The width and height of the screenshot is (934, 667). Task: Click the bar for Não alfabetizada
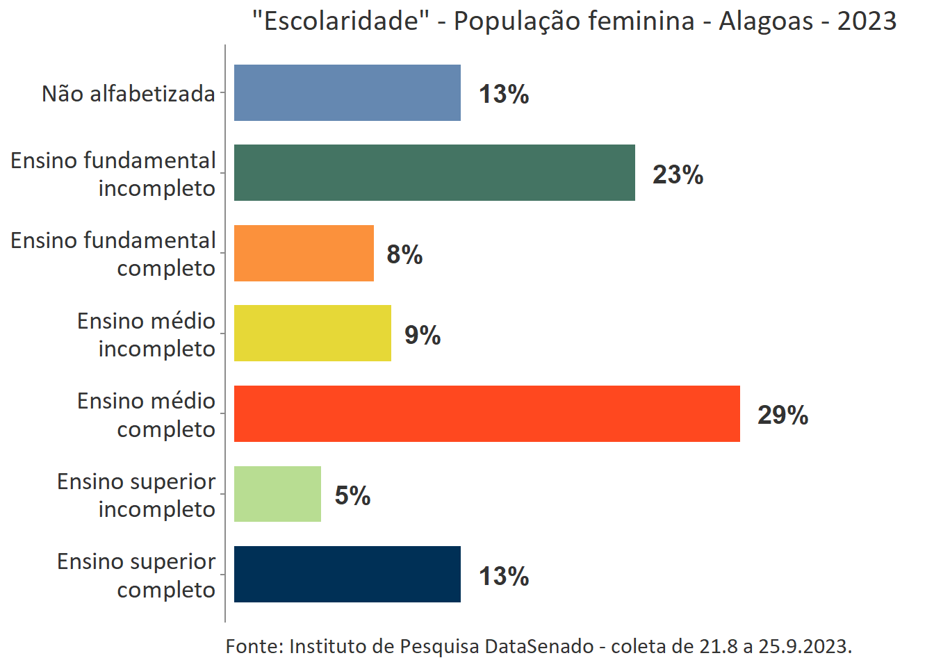[x=347, y=92]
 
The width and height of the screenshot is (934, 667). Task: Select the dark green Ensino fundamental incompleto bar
[x=434, y=173]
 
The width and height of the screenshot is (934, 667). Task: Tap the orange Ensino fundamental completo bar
[x=304, y=253]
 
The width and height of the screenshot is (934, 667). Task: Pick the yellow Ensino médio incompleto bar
[x=312, y=333]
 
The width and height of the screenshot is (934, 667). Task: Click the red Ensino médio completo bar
[x=486, y=413]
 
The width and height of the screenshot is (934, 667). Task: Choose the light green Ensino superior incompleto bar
[x=277, y=494]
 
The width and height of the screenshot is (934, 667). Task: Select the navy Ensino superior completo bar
[x=347, y=574]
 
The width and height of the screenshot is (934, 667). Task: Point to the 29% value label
[x=783, y=415]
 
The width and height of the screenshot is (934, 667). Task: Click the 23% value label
[x=678, y=174]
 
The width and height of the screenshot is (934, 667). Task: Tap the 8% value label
[x=404, y=254]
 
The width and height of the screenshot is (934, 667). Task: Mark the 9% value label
[x=423, y=335]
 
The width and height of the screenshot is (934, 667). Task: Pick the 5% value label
[x=352, y=495]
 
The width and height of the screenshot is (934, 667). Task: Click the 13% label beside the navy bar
[x=504, y=576]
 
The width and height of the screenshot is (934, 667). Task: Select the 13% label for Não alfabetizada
[x=504, y=94]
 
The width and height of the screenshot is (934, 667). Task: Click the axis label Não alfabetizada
[x=129, y=93]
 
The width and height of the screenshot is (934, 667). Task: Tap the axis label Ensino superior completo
[x=136, y=575]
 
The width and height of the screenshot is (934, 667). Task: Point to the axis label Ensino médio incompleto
[x=146, y=334]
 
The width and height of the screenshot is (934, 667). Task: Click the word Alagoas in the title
[x=765, y=21]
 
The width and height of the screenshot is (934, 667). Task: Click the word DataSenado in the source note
[x=539, y=646]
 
